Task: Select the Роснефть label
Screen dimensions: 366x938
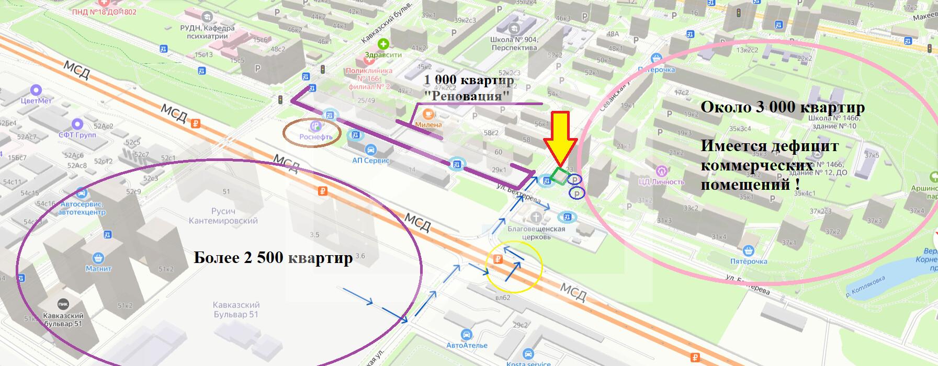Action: (x=315, y=137)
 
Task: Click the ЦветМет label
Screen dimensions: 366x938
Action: (x=36, y=100)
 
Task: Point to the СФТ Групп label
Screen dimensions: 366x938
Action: (x=77, y=134)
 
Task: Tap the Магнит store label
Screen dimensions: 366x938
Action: (x=98, y=268)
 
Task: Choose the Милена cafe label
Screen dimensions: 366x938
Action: (x=428, y=124)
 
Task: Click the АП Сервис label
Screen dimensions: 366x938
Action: (x=371, y=160)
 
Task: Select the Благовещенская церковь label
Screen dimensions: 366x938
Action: (x=536, y=232)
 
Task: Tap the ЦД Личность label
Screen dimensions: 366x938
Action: (x=661, y=181)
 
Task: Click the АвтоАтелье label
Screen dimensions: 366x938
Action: (x=467, y=345)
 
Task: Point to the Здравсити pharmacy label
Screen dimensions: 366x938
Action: (x=384, y=54)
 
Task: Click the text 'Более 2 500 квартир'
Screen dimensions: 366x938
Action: (x=273, y=258)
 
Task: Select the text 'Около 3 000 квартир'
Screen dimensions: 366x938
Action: (x=782, y=108)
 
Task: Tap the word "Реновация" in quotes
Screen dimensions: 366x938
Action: (x=467, y=96)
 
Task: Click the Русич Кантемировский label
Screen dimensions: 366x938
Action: (x=223, y=216)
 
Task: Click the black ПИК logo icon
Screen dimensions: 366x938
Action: (x=63, y=305)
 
